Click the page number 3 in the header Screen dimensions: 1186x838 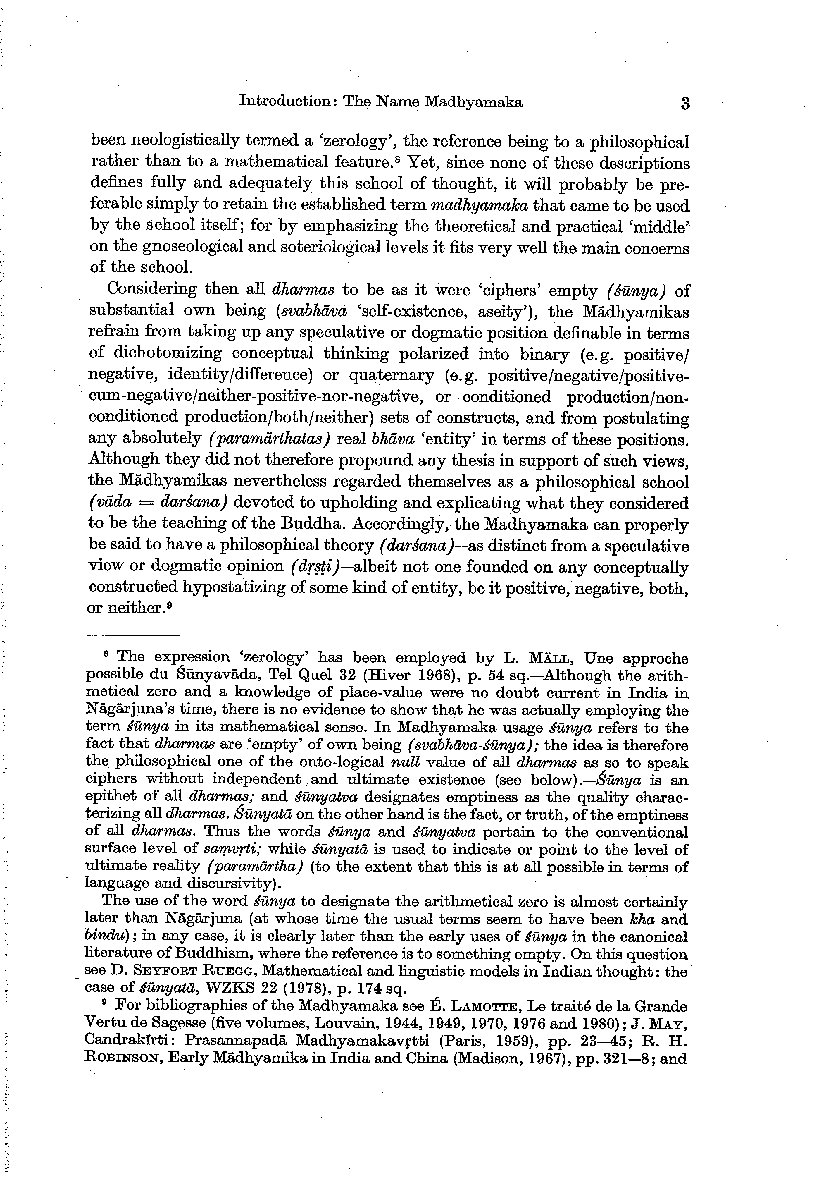685,103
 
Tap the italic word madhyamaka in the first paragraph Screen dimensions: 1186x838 479,206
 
